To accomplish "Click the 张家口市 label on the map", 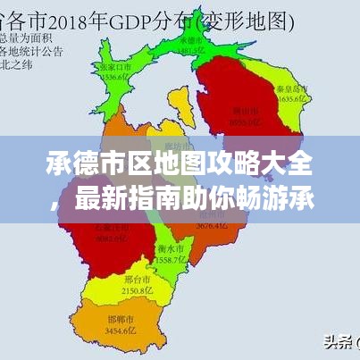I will tap(113, 68).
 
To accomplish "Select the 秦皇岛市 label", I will tap(293, 89).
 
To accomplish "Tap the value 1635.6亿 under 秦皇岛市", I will tap(293, 99).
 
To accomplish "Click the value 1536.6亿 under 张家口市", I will tap(113, 78).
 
